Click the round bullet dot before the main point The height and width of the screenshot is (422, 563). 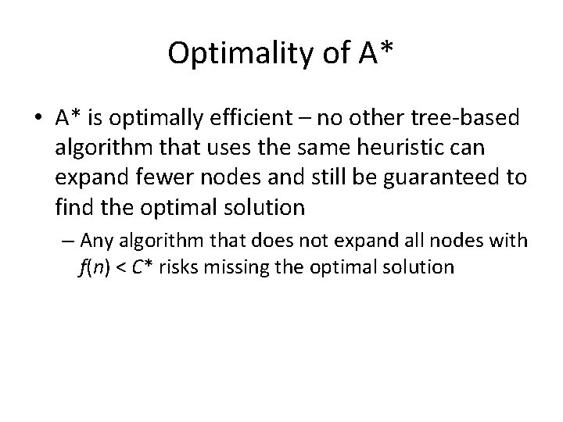point(40,119)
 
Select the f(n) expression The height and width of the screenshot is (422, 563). point(93,266)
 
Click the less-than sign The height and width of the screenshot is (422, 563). point(120,266)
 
